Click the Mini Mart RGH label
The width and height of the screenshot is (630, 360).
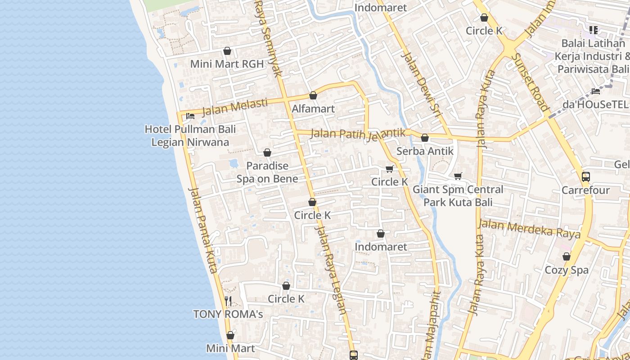point(227,64)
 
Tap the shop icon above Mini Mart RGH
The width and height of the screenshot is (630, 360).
point(227,51)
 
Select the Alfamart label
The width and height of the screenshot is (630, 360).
point(313,108)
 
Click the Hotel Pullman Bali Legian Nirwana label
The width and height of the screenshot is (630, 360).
point(190,136)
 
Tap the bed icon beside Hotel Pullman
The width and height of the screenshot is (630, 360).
point(190,116)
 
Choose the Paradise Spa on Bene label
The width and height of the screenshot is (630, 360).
point(267,172)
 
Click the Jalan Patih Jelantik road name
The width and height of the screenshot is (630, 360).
point(358,134)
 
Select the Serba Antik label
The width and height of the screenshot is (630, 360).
point(425,151)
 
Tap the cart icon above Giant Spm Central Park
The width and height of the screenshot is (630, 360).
point(458,176)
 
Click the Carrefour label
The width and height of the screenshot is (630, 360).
point(585,190)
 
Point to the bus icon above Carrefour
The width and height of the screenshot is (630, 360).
point(585,177)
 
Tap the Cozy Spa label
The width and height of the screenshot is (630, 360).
point(567,270)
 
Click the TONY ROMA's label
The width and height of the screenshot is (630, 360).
point(228,314)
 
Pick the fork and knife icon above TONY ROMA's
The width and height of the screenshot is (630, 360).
point(228,301)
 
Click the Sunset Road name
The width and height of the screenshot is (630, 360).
point(530,82)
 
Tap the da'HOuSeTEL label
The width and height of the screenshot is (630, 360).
point(595,104)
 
